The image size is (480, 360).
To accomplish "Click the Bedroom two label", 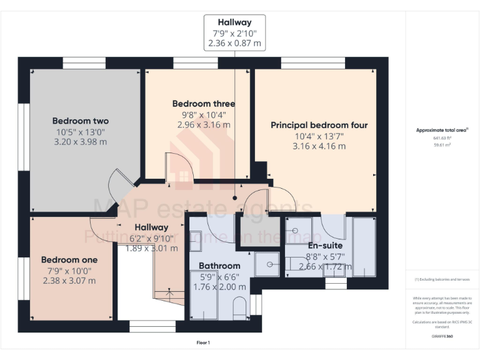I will pos(80,121).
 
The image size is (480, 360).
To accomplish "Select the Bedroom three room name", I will pos(203,104).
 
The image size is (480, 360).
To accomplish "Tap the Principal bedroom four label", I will pos(319,126).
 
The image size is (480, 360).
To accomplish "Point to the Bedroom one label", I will pos(69,259).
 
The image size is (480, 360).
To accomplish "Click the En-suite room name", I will pos(325,246).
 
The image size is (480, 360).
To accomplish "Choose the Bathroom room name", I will pos(219,266).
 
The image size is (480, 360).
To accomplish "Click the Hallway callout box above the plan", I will pos(234,33).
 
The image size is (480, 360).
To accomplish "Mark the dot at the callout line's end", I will pos(235,198).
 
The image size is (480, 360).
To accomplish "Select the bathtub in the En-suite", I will pos(364,246).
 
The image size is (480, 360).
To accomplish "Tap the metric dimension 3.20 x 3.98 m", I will pos(80,142).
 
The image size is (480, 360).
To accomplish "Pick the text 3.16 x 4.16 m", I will pos(319,146).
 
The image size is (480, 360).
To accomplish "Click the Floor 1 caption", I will pos(203,342).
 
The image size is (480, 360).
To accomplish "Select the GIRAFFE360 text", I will pos(442,336).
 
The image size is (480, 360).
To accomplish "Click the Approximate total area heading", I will pos(442,130).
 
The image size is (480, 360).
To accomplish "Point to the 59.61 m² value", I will pos(442,144).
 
